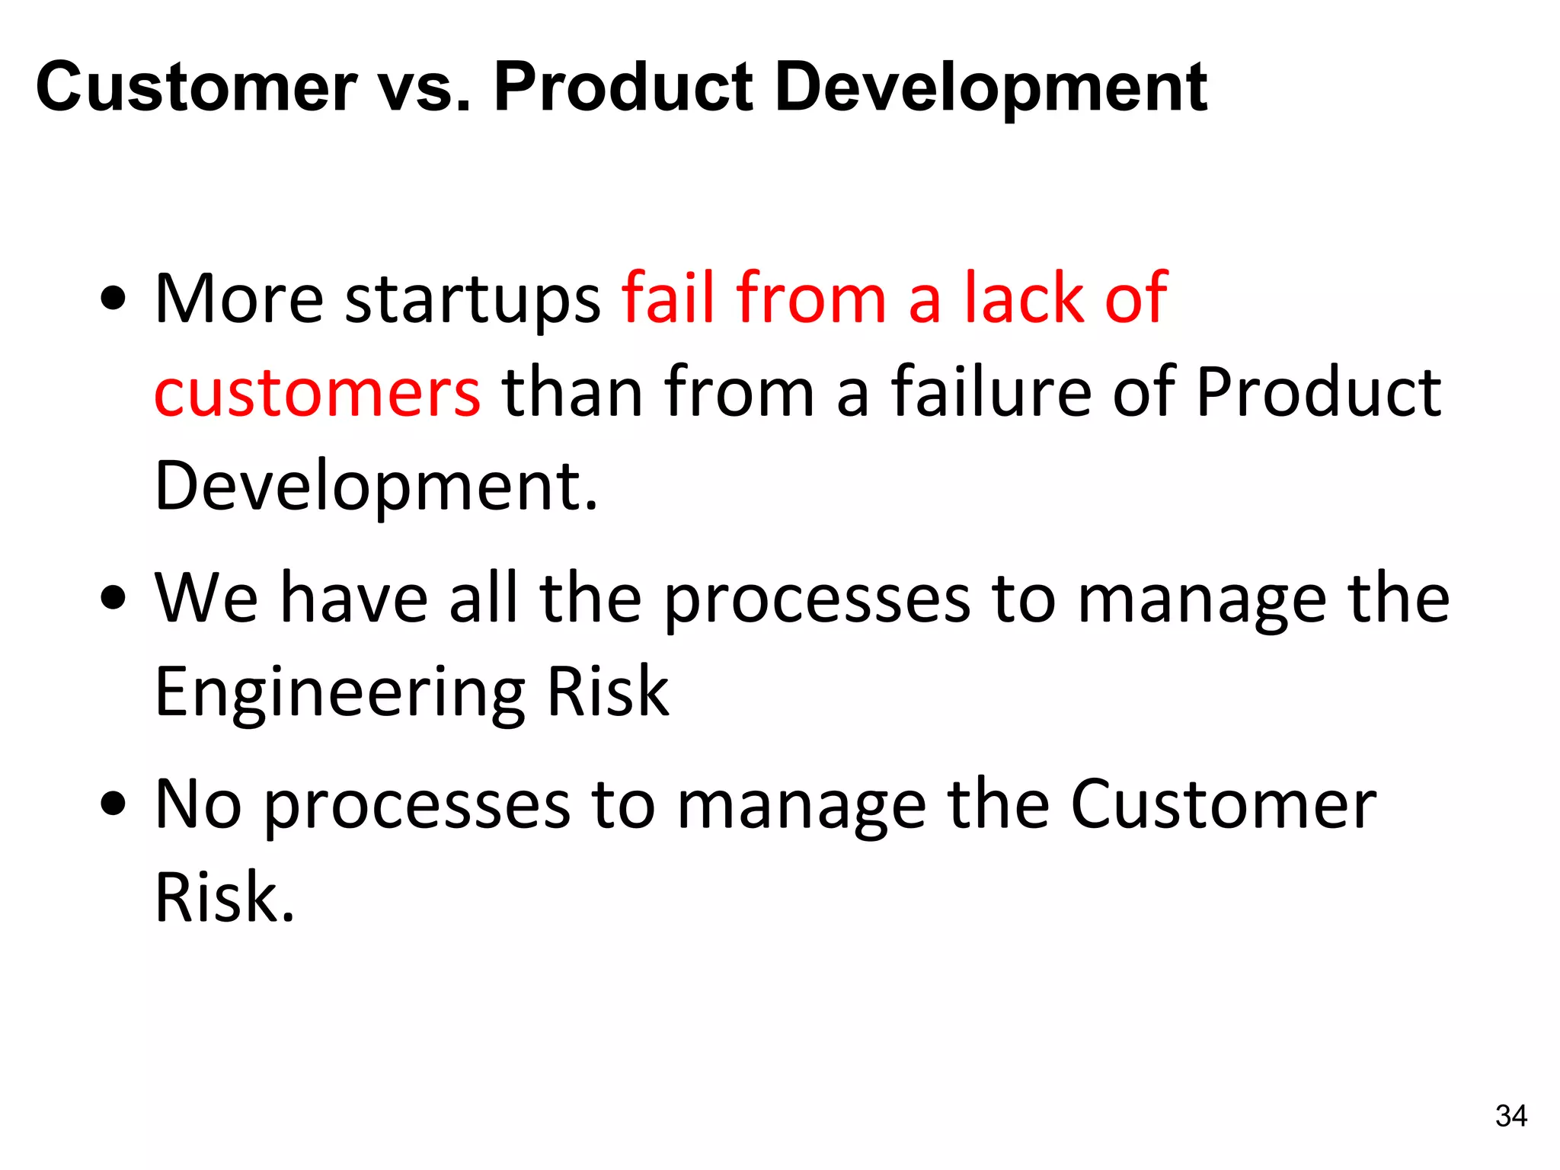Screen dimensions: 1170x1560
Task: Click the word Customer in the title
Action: tap(196, 88)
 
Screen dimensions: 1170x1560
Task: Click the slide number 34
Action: tap(1510, 1116)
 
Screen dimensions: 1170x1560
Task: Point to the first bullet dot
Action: tap(113, 299)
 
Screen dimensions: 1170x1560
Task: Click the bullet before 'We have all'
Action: tap(113, 599)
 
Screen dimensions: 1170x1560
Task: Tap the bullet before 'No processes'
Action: tap(113, 804)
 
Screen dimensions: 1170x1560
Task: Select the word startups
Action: tap(473, 300)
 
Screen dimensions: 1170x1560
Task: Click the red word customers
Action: tap(317, 393)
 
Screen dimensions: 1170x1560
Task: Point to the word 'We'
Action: tap(206, 599)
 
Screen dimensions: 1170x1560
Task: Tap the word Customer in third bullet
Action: tap(1223, 804)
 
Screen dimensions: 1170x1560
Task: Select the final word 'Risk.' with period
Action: tap(224, 899)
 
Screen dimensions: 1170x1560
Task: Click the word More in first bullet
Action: tap(239, 299)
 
